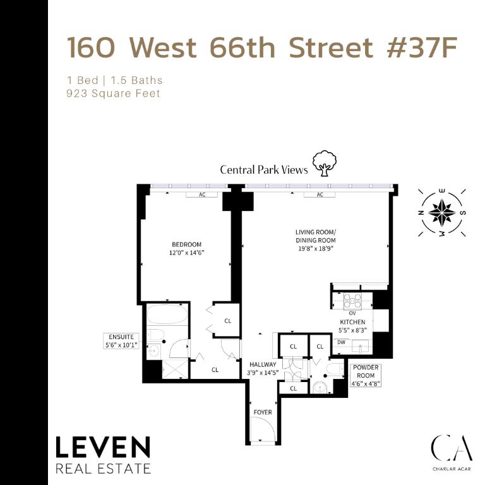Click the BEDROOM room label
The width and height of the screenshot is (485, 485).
pyautogui.click(x=186, y=244)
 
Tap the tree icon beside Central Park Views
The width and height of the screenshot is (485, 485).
pyautogui.click(x=325, y=164)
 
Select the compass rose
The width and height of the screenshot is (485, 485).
pyautogui.click(x=442, y=212)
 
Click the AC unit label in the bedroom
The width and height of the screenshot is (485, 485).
pyautogui.click(x=203, y=195)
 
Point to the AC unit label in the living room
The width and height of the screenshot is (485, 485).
pyautogui.click(x=320, y=195)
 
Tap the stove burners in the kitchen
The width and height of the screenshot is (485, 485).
pyautogui.click(x=352, y=300)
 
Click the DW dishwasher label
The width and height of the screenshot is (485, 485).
pyautogui.click(x=341, y=342)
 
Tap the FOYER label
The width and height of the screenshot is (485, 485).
pyautogui.click(x=263, y=412)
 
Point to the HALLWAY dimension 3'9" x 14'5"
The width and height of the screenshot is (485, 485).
pyautogui.click(x=263, y=373)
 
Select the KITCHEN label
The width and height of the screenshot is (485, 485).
pyautogui.click(x=352, y=322)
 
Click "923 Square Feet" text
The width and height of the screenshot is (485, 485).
pyautogui.click(x=114, y=93)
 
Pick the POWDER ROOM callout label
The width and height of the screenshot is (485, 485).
pyautogui.click(x=366, y=371)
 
